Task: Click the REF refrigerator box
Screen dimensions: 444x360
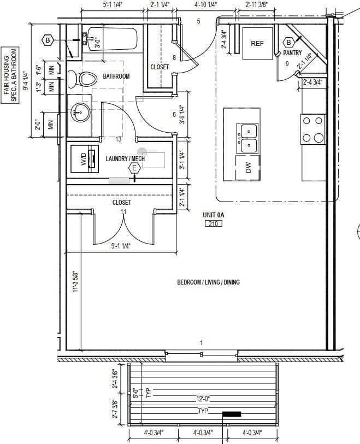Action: coord(257,43)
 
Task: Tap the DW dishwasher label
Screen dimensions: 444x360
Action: coord(248,168)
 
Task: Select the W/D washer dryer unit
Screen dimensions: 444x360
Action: coord(85,159)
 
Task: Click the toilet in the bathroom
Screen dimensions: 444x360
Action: coord(82,80)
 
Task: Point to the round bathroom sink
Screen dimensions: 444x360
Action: coord(80,113)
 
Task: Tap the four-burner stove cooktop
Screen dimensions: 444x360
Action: coord(313,129)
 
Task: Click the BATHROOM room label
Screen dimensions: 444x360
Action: coord(116,76)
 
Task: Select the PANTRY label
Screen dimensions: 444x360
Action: coord(292,53)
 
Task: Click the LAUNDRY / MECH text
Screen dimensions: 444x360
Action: coord(125,158)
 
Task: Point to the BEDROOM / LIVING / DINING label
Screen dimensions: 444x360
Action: coord(208,282)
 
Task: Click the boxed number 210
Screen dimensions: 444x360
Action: coord(213,223)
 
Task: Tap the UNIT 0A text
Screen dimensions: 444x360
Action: coord(213,215)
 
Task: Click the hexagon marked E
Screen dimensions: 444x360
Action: coord(134,168)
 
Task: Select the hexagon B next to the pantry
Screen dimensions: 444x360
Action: coord(288,42)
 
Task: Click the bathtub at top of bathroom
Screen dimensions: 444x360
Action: coord(112,38)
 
